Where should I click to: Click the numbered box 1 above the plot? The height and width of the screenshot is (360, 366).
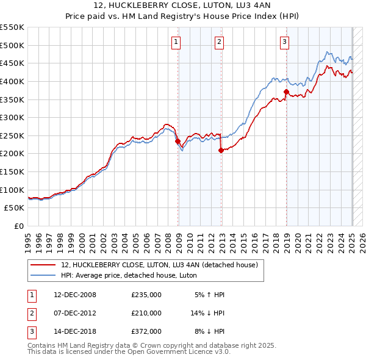pos(176,42)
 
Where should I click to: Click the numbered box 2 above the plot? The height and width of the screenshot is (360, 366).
pos(219,42)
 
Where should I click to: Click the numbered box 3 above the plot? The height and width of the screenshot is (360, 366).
pos(284,42)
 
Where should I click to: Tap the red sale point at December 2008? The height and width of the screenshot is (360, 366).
pos(178,141)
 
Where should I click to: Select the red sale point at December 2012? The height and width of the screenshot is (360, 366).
pos(221,150)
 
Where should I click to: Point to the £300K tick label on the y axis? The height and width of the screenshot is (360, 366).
pos(12,117)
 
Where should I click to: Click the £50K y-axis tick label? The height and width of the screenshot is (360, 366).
pos(15,208)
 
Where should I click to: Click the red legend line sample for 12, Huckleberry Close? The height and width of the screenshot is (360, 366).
pos(43,265)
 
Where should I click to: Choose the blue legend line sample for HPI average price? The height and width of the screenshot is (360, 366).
pos(43,275)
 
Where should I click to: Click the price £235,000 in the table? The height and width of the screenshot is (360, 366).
pos(146,295)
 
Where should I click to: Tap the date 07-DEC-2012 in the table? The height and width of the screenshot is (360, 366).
pos(75,313)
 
